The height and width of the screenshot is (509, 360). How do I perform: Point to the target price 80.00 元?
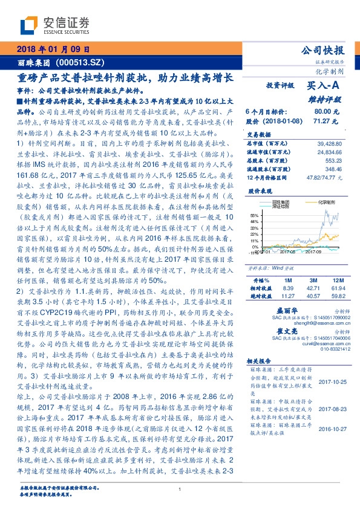point(326,112)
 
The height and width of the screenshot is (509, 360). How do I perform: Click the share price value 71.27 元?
point(326,121)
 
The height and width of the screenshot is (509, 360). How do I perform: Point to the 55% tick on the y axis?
point(254,215)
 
